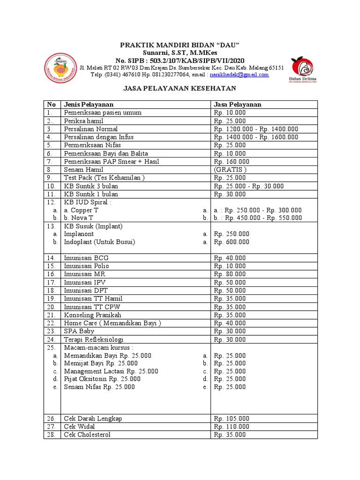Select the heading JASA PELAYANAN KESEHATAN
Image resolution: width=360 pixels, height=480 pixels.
coord(180,88)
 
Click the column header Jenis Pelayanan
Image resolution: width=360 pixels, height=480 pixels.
coord(89,105)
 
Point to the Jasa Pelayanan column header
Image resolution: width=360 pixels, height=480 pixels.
coord(238,105)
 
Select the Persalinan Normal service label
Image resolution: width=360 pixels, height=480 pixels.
coord(91,129)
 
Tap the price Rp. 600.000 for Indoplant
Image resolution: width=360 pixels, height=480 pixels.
coord(232,242)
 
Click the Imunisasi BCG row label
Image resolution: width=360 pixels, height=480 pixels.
coord(86,258)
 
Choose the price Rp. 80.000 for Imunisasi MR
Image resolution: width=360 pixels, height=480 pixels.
coord(230,274)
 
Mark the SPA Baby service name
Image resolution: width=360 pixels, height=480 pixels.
coord(79,331)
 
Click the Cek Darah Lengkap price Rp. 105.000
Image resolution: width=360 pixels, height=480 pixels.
coord(232,419)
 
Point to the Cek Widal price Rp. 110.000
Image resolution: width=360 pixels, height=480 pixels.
coord(232,427)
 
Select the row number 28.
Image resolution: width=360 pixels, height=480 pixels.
coord(51,435)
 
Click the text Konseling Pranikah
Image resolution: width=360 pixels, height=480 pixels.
coord(93,315)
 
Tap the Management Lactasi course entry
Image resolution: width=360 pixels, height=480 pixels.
coord(111,371)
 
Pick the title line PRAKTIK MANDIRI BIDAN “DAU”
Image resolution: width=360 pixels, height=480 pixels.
coord(180,45)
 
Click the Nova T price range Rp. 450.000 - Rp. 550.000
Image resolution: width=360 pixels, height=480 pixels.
coord(258,218)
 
